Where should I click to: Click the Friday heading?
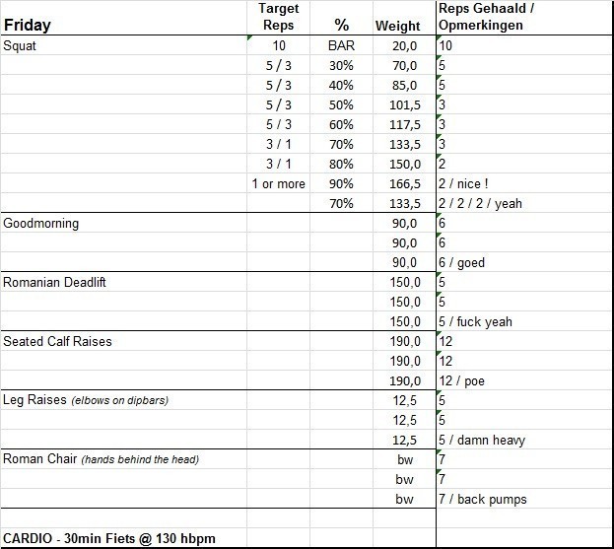[x=28, y=26]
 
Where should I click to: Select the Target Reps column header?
[x=277, y=17]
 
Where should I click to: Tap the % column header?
[x=341, y=26]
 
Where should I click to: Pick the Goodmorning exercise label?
[x=41, y=223]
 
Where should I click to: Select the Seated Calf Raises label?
[x=57, y=341]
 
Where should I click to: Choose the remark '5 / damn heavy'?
[x=480, y=440]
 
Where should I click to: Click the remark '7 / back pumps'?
[x=483, y=499]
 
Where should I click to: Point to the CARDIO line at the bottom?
[x=109, y=538]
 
